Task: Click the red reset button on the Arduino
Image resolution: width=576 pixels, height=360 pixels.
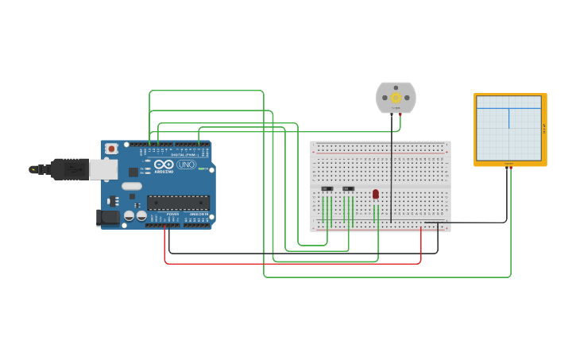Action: (x=111, y=149)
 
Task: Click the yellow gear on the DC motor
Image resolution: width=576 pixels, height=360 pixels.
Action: (x=396, y=98)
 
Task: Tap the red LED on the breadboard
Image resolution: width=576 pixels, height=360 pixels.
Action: (x=376, y=194)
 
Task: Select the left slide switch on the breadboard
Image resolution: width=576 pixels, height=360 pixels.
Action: (x=327, y=189)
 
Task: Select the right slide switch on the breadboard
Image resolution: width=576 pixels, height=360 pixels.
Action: (x=348, y=189)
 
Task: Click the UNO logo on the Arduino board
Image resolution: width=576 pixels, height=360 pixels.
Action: (x=186, y=165)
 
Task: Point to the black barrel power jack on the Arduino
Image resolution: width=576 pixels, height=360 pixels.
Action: (x=107, y=217)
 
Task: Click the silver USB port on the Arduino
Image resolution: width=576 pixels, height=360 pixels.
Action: (x=102, y=168)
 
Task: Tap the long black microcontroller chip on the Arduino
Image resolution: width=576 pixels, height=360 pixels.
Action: (x=178, y=203)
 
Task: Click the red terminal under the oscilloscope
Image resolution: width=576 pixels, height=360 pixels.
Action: (x=510, y=168)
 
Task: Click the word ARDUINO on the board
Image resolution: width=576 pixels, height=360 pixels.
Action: (x=164, y=172)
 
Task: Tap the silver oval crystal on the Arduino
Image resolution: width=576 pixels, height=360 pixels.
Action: (x=131, y=186)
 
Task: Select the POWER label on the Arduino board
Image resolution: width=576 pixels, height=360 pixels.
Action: (x=172, y=214)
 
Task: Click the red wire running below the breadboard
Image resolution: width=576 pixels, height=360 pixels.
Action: (x=294, y=263)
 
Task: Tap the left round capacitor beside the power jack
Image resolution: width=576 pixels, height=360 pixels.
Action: (x=129, y=215)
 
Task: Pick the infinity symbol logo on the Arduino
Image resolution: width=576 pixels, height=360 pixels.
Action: (x=164, y=165)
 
